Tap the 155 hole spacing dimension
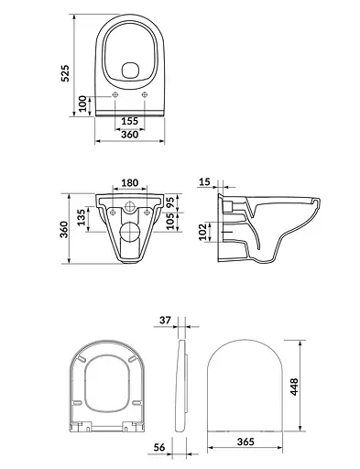pyautogui.click(x=129, y=120)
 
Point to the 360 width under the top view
pyautogui.click(x=129, y=135)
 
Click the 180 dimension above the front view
pyautogui.click(x=129, y=184)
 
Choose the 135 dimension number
pyautogui.click(x=83, y=217)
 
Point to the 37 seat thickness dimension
pyautogui.click(x=165, y=322)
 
